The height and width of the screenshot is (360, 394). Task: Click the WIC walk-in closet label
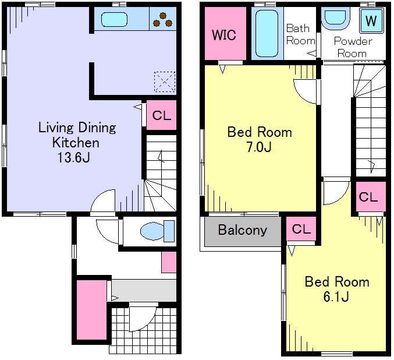(x=224, y=35)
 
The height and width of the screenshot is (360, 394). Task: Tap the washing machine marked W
(x=372, y=20)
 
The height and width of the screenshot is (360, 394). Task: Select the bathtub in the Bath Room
(x=267, y=33)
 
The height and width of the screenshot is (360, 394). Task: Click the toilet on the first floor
(x=158, y=231)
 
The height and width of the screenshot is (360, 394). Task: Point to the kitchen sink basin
(x=114, y=19)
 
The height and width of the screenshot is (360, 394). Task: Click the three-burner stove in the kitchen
(x=163, y=19)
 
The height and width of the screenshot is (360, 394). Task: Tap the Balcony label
(x=243, y=230)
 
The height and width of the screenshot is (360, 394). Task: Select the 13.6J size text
(x=74, y=158)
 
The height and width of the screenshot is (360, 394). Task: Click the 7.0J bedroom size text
(x=259, y=147)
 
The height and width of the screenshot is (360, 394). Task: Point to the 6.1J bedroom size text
(x=336, y=297)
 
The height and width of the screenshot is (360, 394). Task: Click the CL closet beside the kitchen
(x=161, y=115)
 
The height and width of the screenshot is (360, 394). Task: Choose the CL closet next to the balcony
(x=301, y=229)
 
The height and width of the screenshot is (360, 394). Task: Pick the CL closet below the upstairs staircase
(x=368, y=197)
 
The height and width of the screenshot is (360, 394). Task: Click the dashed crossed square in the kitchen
(x=165, y=82)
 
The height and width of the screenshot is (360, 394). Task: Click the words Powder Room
(x=353, y=47)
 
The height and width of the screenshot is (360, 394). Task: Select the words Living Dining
(x=77, y=128)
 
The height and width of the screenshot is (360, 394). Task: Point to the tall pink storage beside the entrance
(x=91, y=310)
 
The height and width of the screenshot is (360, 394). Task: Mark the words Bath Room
(x=300, y=34)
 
